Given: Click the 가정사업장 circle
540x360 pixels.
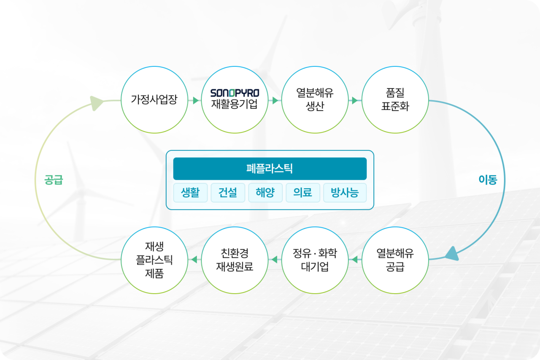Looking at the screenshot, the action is pos(154,100).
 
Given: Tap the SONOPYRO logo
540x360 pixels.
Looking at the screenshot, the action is pos(235,92).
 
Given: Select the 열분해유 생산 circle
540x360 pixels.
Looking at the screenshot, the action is pos(315,100).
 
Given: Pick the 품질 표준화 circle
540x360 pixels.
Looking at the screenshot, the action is pos(395,100).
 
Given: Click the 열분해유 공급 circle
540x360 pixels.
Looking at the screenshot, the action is pos(395,260).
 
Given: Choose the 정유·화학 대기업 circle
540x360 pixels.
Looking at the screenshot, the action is pos(315,260).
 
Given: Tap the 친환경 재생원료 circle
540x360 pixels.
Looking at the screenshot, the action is pos(235,260).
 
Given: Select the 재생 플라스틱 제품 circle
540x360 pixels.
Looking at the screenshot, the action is pos(154,260).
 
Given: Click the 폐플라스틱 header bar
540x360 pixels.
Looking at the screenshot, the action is pos(270,169).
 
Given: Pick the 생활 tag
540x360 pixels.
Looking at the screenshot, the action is pos(190,193).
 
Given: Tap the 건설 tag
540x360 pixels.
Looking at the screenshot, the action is pos(228,193).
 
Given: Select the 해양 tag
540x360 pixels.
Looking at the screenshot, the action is pos(265,193).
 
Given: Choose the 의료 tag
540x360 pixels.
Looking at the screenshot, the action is pos(303,193).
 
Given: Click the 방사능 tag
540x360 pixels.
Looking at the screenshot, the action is pos(345,193).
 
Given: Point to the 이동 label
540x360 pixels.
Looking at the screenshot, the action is pos(488,180).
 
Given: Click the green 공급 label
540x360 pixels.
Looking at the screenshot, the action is pos(54,180).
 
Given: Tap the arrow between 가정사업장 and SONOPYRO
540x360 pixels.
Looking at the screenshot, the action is pos(195,100).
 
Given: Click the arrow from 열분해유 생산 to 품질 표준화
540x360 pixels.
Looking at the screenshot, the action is pos(355,100).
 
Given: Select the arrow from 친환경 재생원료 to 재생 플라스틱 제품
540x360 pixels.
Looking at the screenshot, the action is pos(194,260).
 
